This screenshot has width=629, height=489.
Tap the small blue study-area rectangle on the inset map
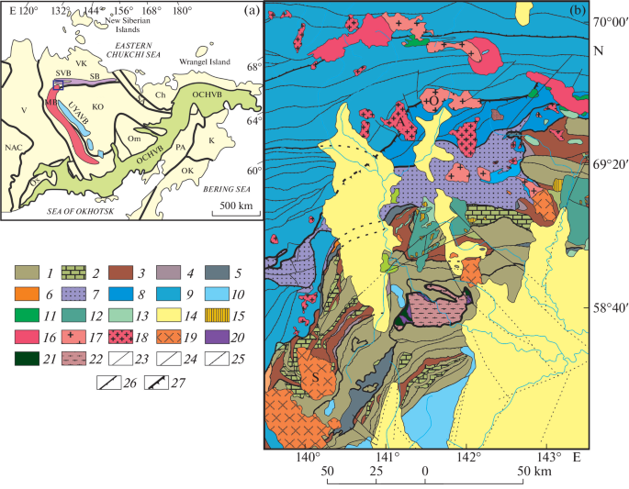[59, 83]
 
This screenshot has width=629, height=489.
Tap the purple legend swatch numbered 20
[226, 318]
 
